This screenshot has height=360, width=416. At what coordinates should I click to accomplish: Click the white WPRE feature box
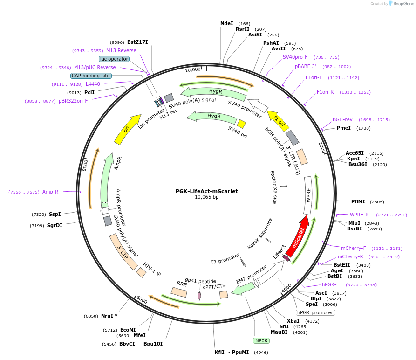click(x=308, y=195)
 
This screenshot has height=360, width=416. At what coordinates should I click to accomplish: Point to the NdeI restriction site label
click(x=226, y=23)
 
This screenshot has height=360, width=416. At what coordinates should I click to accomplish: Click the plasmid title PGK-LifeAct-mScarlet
click(x=207, y=191)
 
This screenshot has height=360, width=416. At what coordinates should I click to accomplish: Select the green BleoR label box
click(x=261, y=340)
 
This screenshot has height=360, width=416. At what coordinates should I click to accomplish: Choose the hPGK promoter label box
click(x=315, y=312)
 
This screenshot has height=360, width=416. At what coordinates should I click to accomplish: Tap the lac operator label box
click(x=114, y=59)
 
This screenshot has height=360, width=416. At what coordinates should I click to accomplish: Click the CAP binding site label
click(x=91, y=76)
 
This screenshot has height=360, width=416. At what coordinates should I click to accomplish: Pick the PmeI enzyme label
click(x=344, y=128)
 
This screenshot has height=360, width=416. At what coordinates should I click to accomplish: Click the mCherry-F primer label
click(x=354, y=248)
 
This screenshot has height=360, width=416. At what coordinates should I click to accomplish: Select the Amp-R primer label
click(x=50, y=192)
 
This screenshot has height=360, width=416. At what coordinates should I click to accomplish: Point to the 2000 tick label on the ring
click(x=322, y=148)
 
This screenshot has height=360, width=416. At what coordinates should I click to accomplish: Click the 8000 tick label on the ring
click(x=85, y=165)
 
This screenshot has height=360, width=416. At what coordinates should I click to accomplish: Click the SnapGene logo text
click(x=403, y=3)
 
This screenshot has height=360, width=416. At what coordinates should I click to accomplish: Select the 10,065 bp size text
click(x=207, y=197)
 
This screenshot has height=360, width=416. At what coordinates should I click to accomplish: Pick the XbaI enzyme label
click(x=293, y=321)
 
